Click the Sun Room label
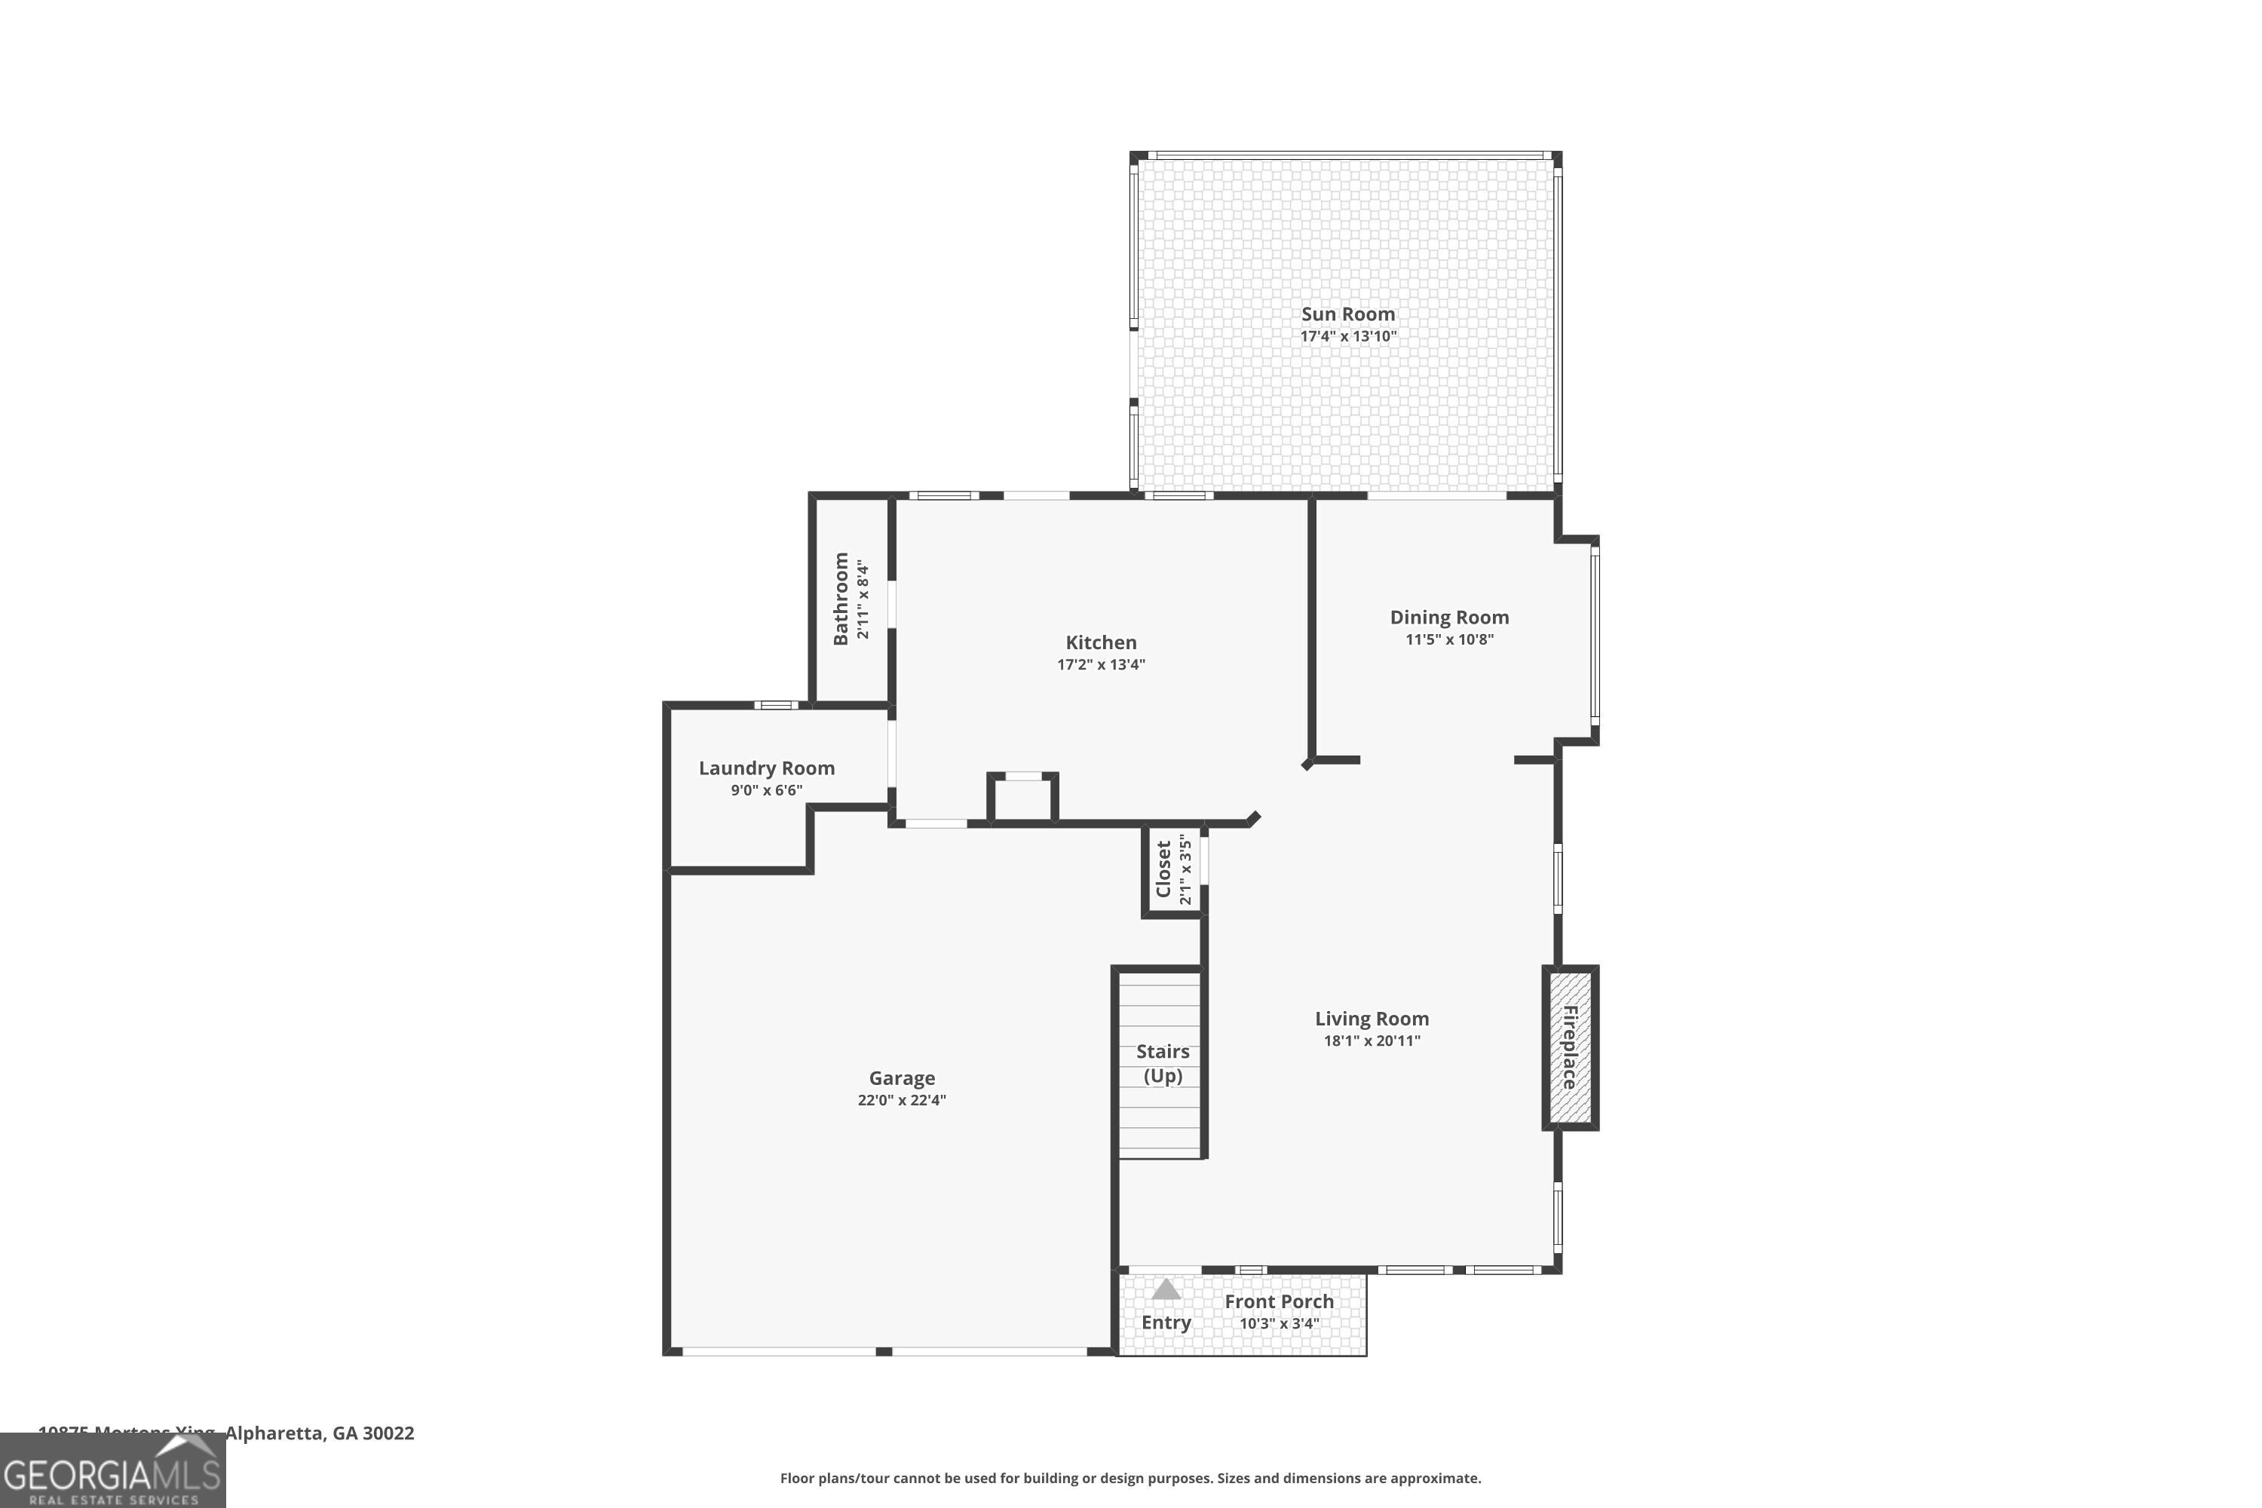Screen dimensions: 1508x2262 [x=1347, y=314]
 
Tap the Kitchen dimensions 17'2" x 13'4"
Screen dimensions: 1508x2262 [x=1101, y=664]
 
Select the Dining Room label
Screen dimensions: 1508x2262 [x=1448, y=618]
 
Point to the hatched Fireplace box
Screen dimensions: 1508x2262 [x=1570, y=1047]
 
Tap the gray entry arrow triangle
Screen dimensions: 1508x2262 [x=1166, y=1289]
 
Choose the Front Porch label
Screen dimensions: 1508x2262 [x=1278, y=1301]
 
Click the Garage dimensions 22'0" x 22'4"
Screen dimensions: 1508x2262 [x=901, y=1100]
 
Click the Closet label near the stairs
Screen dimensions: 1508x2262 [x=1163, y=869]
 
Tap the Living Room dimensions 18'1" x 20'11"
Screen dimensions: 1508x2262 [x=1372, y=1041]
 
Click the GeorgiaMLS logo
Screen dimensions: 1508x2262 [x=112, y=1472]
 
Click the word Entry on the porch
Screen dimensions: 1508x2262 [x=1166, y=1323]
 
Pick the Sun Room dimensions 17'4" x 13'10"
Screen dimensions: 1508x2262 [x=1347, y=336]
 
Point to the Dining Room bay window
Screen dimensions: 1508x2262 [x=1594, y=635]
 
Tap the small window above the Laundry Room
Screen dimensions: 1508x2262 [x=775, y=705]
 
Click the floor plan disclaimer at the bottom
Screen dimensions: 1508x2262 [x=1130, y=1478]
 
